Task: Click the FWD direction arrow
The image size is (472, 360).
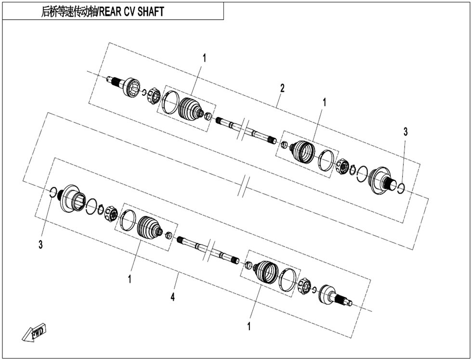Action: [34, 333]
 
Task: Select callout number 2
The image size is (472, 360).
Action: [282, 88]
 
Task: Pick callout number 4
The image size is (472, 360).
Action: [172, 297]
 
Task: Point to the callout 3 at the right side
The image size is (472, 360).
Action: [406, 131]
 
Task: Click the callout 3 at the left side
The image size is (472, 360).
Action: [40, 244]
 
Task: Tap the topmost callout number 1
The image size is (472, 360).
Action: [204, 58]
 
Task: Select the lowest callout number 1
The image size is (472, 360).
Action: [249, 326]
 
